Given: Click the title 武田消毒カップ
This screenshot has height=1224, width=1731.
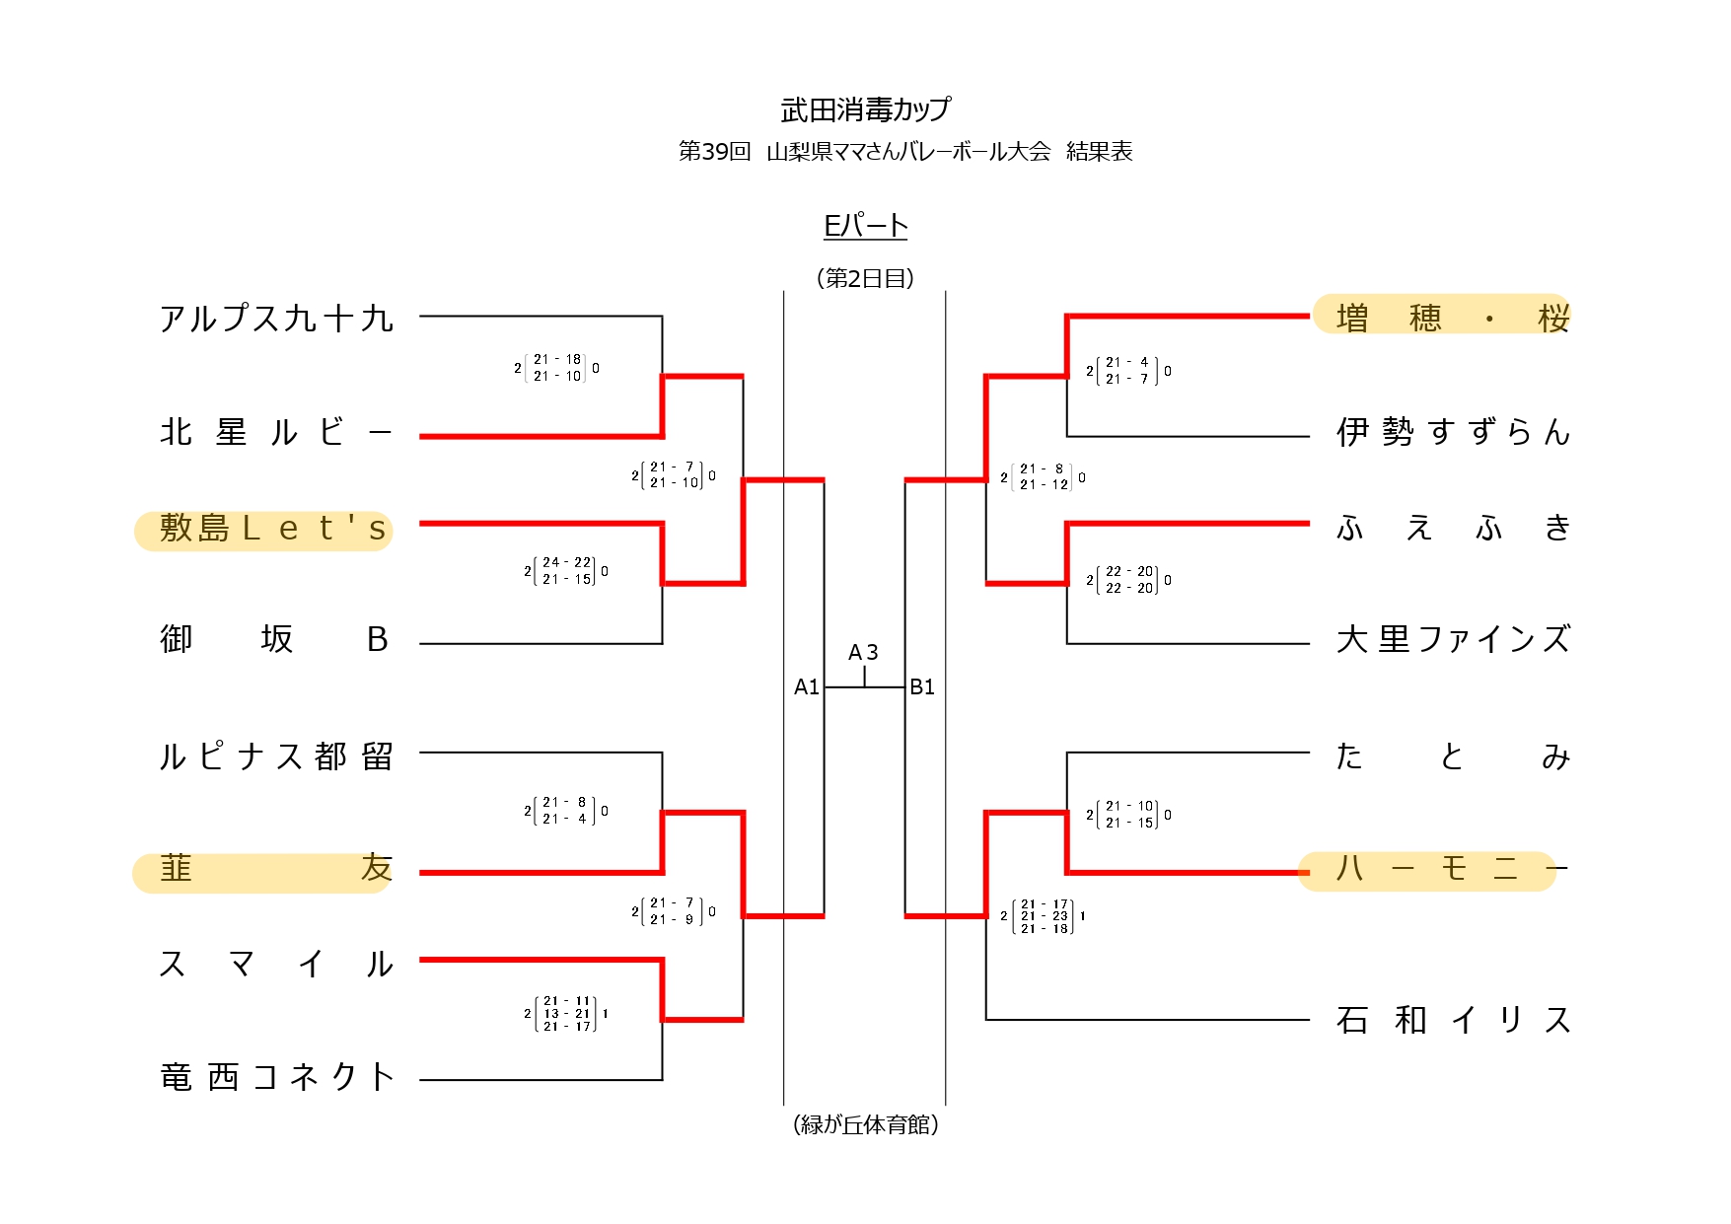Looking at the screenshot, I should pyautogui.click(x=865, y=109).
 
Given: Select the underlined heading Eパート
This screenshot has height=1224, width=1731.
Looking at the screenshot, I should pyautogui.click(x=865, y=226).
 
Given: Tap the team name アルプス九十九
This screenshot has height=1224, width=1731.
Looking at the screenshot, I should pyautogui.click(x=276, y=319).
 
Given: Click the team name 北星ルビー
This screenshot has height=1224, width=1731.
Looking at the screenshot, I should pyautogui.click(x=276, y=432).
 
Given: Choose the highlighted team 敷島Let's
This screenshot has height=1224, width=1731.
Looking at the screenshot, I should pyautogui.click(x=264, y=530).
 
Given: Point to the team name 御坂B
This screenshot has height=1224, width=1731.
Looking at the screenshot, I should pyautogui.click(x=274, y=640).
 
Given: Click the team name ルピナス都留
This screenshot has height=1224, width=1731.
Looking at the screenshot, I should pyautogui.click(x=276, y=756).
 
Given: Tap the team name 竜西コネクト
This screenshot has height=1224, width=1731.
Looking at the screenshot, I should pyautogui.click(x=276, y=1076).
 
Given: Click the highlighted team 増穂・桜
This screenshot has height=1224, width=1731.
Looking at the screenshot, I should pyautogui.click(x=1441, y=317).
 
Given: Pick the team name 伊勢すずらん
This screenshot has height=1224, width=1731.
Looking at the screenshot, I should pyautogui.click(x=1453, y=432).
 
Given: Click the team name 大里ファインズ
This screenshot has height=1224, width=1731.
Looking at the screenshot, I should pyautogui.click(x=1453, y=640).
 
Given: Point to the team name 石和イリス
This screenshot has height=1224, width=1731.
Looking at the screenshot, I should pyautogui.click(x=1453, y=1020).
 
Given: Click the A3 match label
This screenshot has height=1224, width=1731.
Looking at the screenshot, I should pyautogui.click(x=863, y=653).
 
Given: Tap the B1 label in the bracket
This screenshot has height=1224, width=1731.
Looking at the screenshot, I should pyautogui.click(x=922, y=687).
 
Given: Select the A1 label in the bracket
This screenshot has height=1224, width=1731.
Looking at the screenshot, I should pyautogui.click(x=807, y=687).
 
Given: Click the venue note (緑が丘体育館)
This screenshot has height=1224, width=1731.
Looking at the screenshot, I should pyautogui.click(x=865, y=1124).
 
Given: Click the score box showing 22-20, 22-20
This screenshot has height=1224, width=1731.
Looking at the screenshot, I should pyautogui.click(x=1129, y=580).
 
